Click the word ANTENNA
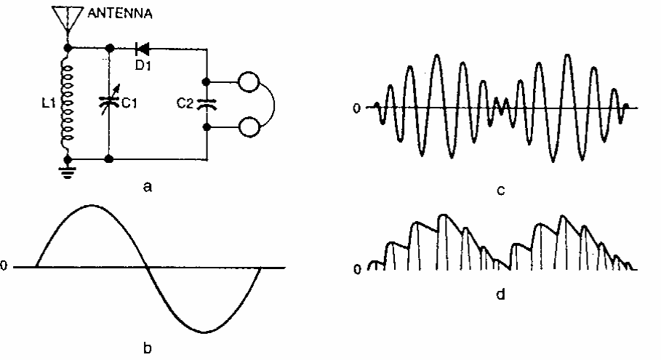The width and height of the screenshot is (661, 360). pos(120,13)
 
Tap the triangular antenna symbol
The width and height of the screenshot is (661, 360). pos(68,17)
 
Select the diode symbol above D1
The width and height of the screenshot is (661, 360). pos(143,49)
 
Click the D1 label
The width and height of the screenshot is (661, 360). pos(143,65)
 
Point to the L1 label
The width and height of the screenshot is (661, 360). pos(49,103)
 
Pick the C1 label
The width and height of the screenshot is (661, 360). pos(129,103)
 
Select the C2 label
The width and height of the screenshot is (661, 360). pos(185,103)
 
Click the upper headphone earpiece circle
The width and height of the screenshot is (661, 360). pos(249,81)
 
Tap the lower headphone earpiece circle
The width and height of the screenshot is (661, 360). pos(249,127)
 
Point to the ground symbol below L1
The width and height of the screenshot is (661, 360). pos(68,172)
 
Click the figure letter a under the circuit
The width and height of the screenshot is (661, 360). pos(147,186)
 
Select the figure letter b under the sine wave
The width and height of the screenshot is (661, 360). pos(147,348)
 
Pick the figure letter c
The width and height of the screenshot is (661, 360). pos(501,191)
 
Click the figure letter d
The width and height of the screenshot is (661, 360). pos(501,294)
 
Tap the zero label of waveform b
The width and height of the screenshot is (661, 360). pos(4,265)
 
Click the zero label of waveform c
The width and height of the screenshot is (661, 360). pos(356,108)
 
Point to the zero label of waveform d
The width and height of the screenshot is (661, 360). pos(357,269)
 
